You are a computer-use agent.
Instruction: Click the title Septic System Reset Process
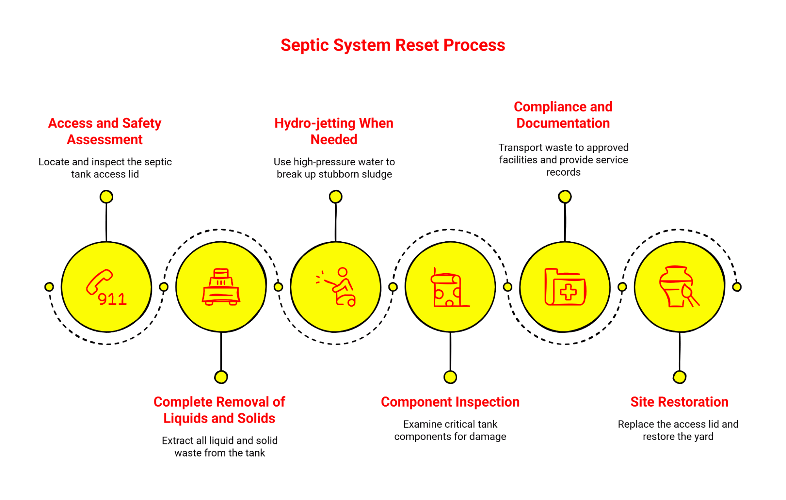coord(392,45)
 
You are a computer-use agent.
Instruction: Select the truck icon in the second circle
coord(221,287)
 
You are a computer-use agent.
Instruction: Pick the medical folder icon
coord(565,287)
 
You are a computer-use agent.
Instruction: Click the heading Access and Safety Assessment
coord(105,131)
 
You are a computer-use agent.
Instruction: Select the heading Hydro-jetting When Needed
coord(334,131)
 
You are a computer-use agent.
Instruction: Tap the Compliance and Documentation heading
coord(563,115)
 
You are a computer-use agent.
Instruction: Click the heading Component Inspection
coord(450,402)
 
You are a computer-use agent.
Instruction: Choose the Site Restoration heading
coord(679,402)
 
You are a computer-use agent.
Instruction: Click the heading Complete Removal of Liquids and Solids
coord(219,410)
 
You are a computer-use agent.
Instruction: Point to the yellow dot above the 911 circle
coord(106,196)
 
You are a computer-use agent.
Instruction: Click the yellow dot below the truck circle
coord(221,377)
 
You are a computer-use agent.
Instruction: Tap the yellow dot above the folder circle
coord(565,196)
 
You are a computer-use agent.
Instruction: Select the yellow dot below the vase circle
coord(679,377)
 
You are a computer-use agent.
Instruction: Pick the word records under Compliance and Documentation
coord(563,172)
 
